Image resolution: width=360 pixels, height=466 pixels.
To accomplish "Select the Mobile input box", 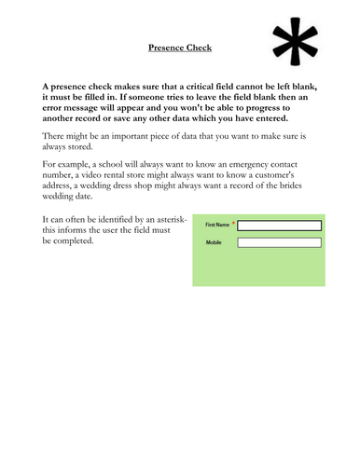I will (x=280, y=242).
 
